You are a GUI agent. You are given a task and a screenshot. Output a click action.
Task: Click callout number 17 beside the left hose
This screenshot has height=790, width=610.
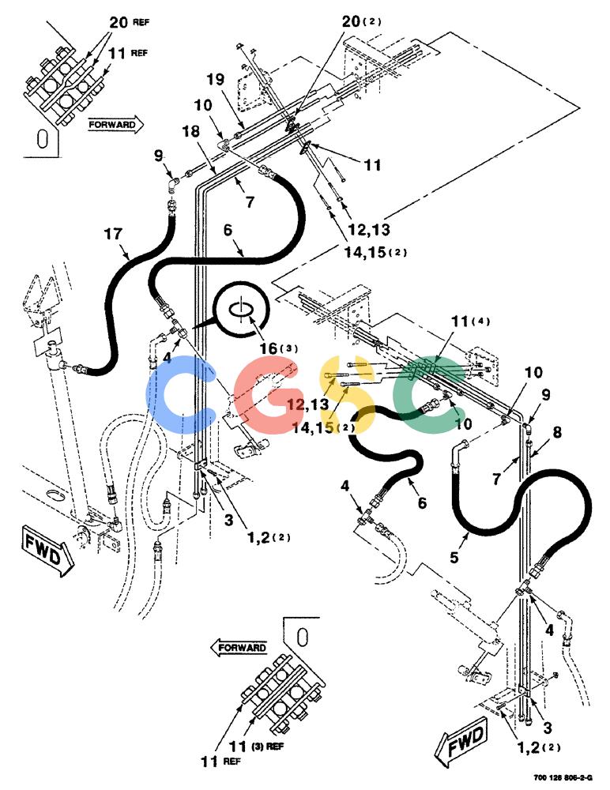114,235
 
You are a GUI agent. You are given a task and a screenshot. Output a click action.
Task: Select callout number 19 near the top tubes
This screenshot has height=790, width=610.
215,80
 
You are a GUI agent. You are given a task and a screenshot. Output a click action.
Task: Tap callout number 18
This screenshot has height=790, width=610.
191,131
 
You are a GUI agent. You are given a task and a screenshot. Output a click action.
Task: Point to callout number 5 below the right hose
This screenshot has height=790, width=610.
454,558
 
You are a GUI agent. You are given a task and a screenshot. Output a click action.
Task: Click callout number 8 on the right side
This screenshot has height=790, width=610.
557,432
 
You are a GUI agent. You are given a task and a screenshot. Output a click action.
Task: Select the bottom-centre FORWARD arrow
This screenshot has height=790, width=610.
239,648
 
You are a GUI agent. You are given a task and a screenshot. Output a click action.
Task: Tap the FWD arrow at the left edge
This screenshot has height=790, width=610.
47,550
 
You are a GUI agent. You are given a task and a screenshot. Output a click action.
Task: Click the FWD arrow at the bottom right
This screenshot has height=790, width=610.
464,743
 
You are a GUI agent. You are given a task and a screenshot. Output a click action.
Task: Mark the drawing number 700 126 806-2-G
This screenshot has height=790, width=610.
563,777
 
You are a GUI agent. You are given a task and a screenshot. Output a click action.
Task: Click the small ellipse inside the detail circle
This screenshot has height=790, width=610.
241,309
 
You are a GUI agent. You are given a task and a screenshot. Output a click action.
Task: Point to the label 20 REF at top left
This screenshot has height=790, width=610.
129,23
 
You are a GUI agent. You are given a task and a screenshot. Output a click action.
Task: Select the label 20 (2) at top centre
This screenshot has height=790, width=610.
361,21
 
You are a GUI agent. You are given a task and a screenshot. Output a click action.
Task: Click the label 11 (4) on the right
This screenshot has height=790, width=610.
470,321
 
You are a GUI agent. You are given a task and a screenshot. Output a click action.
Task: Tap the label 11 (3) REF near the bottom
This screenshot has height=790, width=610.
255,747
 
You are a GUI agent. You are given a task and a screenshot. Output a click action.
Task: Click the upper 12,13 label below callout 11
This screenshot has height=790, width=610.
369,230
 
